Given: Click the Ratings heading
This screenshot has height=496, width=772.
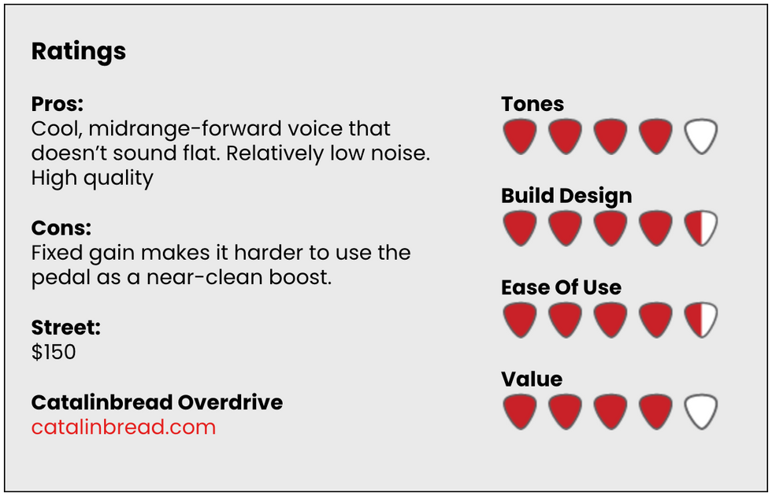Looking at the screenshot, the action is tap(79, 51).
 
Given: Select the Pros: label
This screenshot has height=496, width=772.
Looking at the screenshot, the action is tap(58, 104).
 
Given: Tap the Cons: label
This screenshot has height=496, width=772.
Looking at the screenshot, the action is tap(61, 228).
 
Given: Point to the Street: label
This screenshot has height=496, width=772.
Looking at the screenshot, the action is tap(66, 328).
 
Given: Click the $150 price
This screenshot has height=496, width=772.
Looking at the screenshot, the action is tap(54, 352).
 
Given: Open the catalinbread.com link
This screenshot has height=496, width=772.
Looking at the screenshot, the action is tap(124, 427).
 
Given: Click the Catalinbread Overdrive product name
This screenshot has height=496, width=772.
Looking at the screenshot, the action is tap(157, 402).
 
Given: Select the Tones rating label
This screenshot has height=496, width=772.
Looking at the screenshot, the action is tap(533, 104).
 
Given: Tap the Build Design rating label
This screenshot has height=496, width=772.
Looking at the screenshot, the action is tap(566, 196).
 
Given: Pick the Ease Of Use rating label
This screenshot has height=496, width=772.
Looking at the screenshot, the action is tap(561, 287).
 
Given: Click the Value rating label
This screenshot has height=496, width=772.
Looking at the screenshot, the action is tap(532, 379).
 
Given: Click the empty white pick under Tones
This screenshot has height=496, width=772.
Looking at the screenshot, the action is tap(701, 136).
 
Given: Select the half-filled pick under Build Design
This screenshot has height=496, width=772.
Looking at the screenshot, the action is tap(701, 228).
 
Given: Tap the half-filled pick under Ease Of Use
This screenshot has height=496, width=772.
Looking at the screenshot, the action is tap(701, 320).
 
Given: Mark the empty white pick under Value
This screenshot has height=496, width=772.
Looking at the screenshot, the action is tap(701, 411).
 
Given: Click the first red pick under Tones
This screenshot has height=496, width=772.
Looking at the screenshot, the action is tap(520, 136).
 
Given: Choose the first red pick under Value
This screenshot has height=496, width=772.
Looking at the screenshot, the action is tap(520, 411).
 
